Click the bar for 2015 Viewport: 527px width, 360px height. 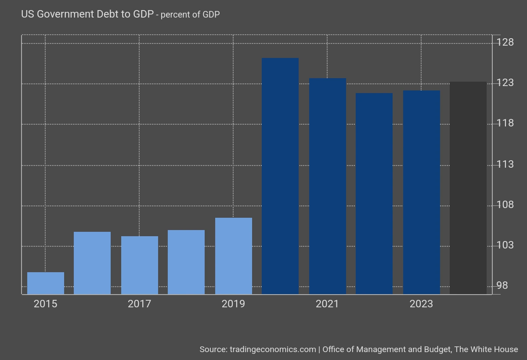click(46, 283)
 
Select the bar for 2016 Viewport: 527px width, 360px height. click(92, 263)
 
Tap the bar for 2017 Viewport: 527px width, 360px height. click(140, 265)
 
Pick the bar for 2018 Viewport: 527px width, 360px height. click(186, 262)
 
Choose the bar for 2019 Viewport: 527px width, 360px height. click(234, 256)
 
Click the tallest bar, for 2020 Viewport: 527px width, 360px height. click(280, 176)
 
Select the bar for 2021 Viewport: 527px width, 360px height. click(328, 186)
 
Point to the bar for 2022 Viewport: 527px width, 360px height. click(374, 194)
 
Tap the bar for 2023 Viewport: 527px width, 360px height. click(422, 192)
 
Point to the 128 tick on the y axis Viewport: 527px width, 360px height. click(505, 43)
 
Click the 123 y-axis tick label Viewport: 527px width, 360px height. click(505, 83)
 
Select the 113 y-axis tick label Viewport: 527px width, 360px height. click(505, 165)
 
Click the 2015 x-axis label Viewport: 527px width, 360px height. click(45, 304)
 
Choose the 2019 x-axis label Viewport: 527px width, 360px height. click(233, 304)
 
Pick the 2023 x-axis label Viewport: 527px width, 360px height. click(421, 304)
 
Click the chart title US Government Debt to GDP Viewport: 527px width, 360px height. click(87, 14)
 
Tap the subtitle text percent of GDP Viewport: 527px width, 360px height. click(190, 14)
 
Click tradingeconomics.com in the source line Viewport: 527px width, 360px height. click(273, 349)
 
